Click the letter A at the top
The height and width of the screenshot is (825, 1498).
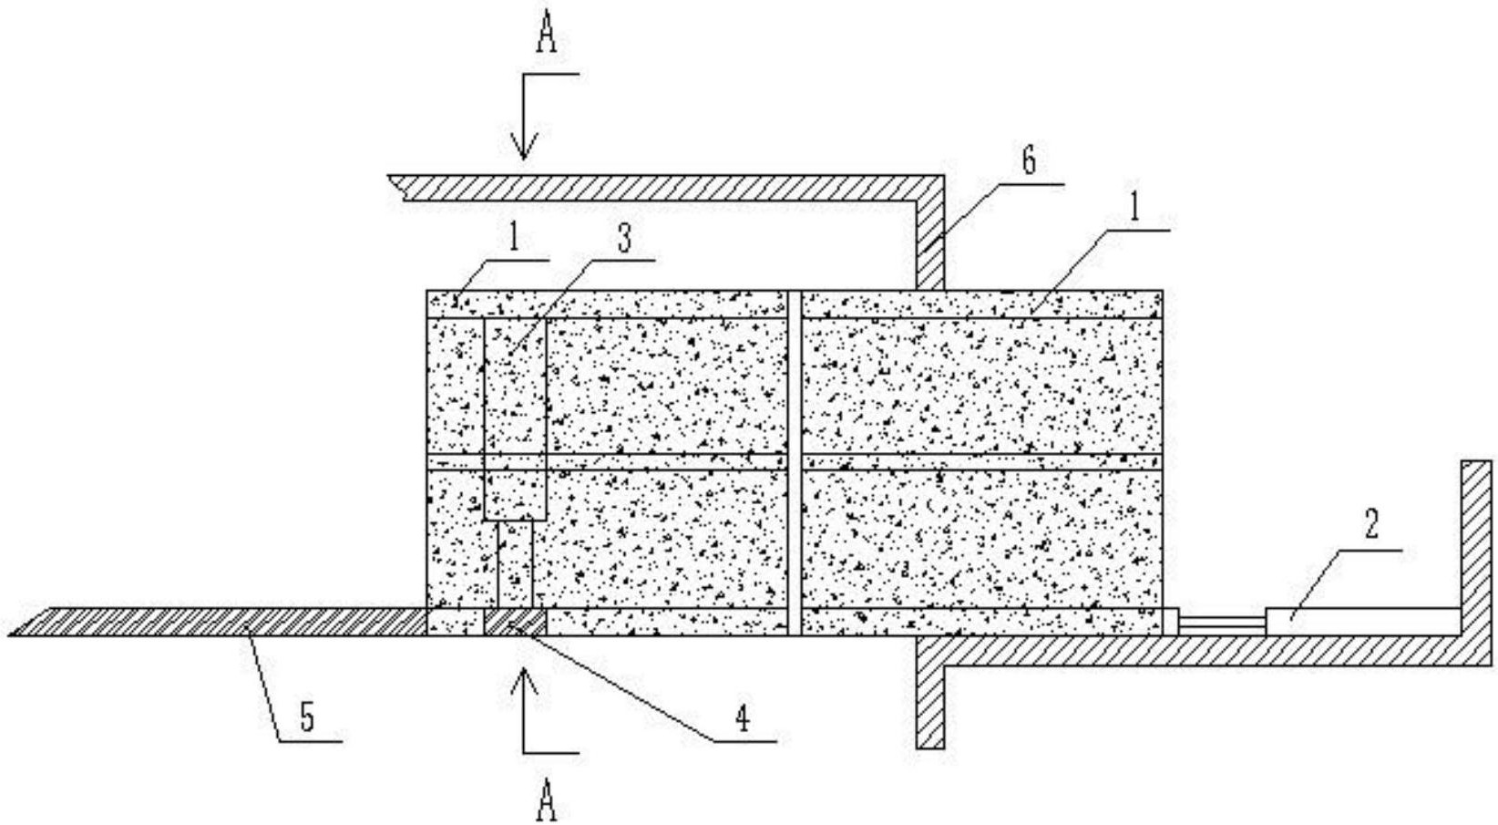pos(547,31)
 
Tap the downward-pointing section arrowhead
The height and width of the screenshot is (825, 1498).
pos(524,145)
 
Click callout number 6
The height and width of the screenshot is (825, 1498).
pos(1030,161)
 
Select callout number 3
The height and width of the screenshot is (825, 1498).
pos(624,238)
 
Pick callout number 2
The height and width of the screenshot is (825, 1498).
pos(1371,524)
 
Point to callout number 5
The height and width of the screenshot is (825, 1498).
pos(306,718)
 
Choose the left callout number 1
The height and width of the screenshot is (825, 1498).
pos(514,239)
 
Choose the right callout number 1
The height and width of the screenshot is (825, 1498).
pos(1134,210)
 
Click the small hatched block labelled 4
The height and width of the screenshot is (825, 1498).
pos(515,623)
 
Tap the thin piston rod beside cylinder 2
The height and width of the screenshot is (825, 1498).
pos(1222,623)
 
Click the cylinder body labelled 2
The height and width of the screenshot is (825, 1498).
pos(1363,622)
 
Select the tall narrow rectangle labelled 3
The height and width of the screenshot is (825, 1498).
pos(515,419)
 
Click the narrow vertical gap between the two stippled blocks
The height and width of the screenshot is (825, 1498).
pos(794,462)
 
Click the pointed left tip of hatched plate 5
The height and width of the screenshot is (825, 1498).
pos(9,635)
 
